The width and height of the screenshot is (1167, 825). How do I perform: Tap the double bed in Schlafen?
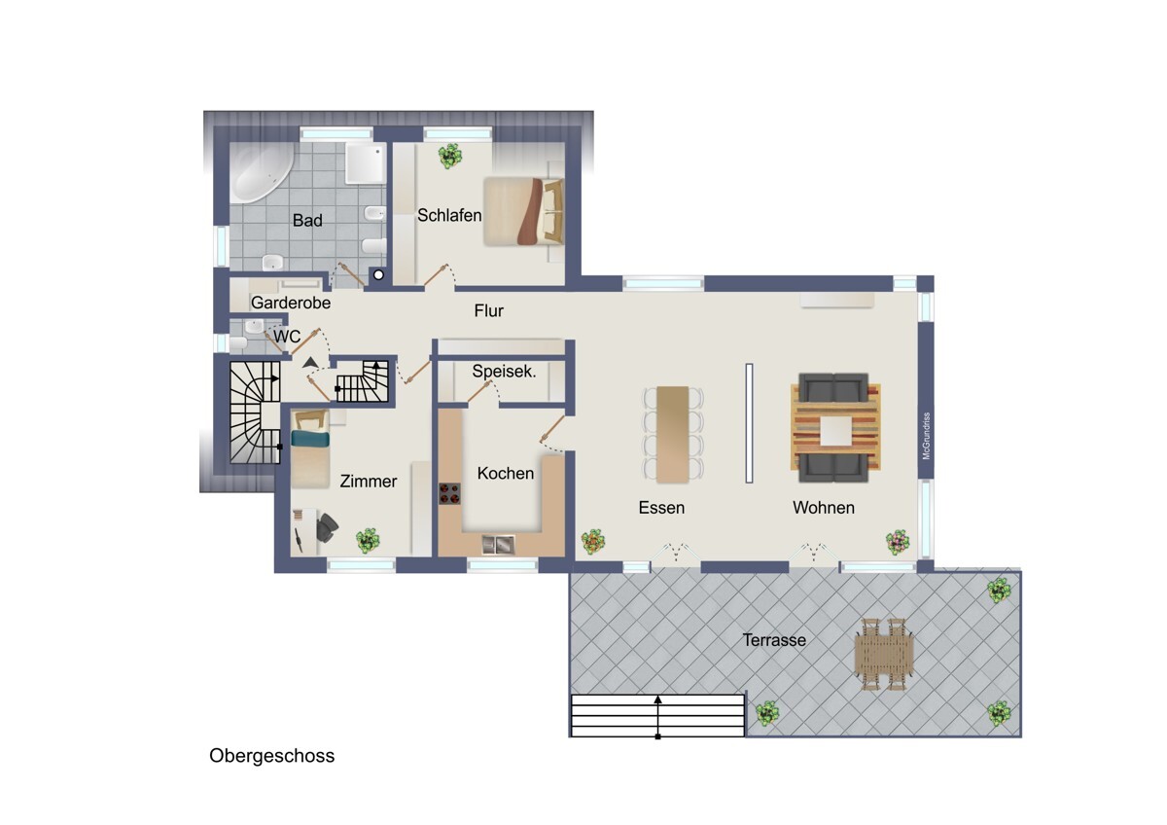(x=524, y=211)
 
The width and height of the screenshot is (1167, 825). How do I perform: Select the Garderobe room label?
(x=291, y=303)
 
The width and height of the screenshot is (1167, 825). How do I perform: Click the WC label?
(x=287, y=337)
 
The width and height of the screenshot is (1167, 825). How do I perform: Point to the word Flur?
(x=488, y=310)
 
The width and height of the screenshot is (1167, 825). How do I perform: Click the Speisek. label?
(x=504, y=371)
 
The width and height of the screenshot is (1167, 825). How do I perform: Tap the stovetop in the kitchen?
(x=449, y=493)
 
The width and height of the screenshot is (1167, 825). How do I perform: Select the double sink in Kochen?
(x=498, y=545)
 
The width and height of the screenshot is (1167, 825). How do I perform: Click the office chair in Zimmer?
(x=327, y=526)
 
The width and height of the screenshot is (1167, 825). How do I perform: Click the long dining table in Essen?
(x=673, y=434)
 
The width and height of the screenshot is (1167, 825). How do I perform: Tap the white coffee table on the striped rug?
(x=835, y=431)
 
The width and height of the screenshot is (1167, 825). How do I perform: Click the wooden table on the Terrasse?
(x=884, y=655)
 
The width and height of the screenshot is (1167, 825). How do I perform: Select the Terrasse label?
(x=774, y=640)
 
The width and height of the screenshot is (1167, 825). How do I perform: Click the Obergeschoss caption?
(x=272, y=756)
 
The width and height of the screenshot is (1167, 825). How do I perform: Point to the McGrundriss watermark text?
(x=926, y=436)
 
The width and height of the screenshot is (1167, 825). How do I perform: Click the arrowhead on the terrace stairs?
(x=658, y=699)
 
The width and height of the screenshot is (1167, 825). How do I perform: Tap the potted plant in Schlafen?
(x=449, y=156)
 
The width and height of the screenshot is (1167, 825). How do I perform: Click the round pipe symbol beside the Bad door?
(x=378, y=274)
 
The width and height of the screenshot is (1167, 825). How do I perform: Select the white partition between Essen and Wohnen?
(x=749, y=423)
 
